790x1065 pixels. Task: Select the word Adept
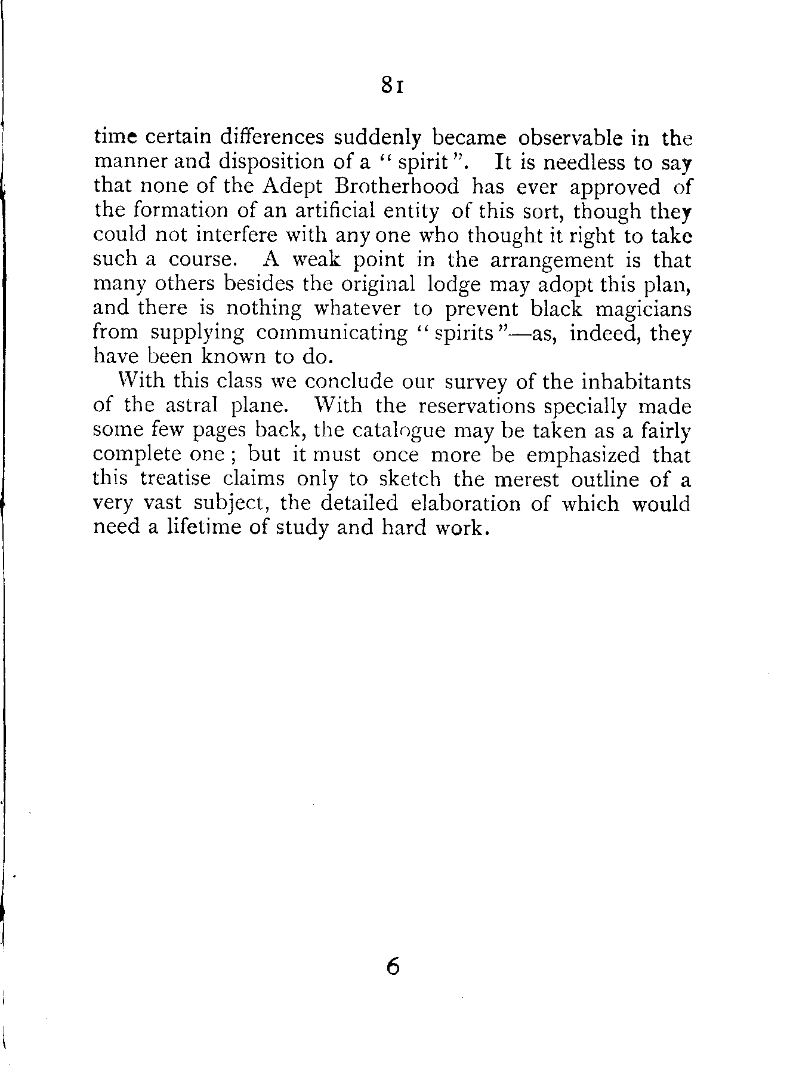[x=292, y=187]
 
